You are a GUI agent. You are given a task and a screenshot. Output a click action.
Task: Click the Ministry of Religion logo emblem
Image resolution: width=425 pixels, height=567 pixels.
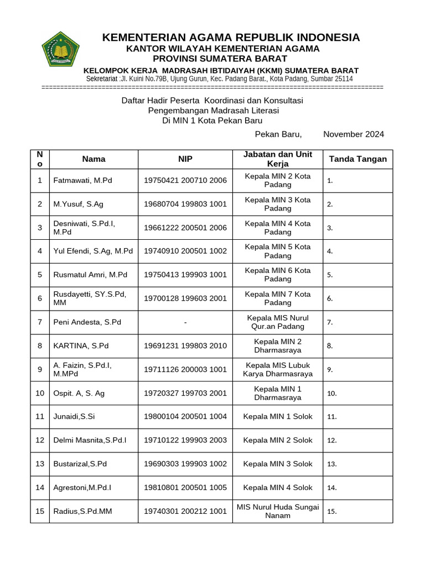pyautogui.click(x=61, y=50)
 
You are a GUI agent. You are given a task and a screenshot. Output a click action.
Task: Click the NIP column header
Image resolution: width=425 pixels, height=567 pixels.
pyautogui.click(x=185, y=159)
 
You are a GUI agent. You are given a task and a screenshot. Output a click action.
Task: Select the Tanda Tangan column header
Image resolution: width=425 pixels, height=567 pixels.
pyautogui.click(x=357, y=159)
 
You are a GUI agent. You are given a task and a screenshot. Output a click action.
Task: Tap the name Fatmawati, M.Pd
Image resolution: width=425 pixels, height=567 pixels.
pyautogui.click(x=82, y=180)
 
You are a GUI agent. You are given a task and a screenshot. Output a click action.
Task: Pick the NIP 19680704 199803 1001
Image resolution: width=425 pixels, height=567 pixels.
pyautogui.click(x=185, y=204)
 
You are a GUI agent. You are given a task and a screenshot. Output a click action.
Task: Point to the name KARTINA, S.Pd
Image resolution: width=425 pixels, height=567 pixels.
pyautogui.click(x=81, y=346)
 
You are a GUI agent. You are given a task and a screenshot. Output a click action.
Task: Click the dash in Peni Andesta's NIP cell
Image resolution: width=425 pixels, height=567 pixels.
pyautogui.click(x=185, y=322)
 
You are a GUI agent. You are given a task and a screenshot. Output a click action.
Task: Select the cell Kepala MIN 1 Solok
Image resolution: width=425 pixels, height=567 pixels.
pyautogui.click(x=278, y=416)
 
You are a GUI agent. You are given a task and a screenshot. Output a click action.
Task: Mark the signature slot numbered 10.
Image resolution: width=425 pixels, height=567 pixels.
pyautogui.click(x=332, y=394)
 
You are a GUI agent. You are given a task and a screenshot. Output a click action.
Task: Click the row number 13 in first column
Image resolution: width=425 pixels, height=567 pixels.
pyautogui.click(x=40, y=463)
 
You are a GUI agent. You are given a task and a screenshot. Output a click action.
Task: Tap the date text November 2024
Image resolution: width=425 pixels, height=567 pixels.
pyautogui.click(x=353, y=134)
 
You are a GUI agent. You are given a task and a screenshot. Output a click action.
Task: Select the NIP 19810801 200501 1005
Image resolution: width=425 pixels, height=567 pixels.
pyautogui.click(x=185, y=487)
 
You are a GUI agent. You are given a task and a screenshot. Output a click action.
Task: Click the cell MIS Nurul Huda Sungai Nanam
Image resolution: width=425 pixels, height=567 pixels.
pyautogui.click(x=278, y=511)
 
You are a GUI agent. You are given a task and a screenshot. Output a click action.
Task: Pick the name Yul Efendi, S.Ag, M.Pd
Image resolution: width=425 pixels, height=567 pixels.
pyautogui.click(x=93, y=251)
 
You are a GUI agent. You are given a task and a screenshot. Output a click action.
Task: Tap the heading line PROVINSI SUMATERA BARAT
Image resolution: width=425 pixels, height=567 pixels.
pyautogui.click(x=220, y=59)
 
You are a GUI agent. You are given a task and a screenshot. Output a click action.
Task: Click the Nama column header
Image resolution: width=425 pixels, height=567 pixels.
pyautogui.click(x=94, y=159)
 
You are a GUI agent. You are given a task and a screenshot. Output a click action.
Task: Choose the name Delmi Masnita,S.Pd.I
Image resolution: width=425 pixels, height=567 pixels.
pyautogui.click(x=90, y=440)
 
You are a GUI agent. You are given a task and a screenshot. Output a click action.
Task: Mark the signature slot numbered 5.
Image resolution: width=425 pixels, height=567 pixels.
pyautogui.click(x=330, y=275)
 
